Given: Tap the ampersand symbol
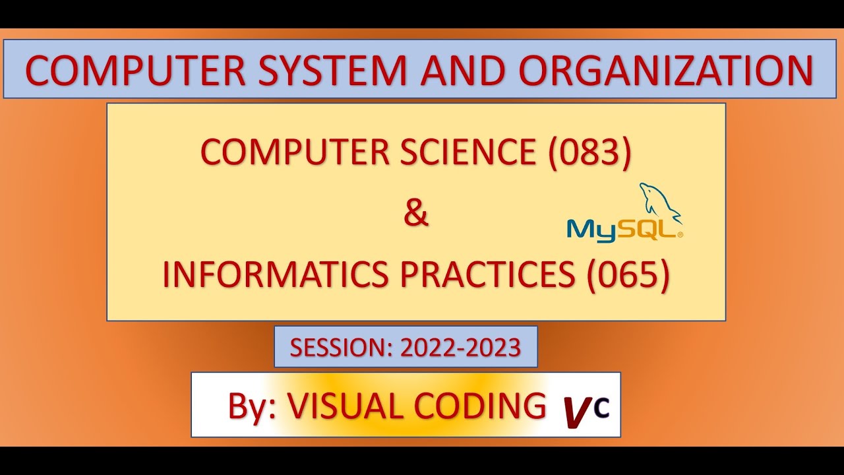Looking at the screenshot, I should (415, 214).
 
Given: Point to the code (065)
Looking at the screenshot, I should (628, 276).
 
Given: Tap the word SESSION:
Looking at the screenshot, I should (342, 348).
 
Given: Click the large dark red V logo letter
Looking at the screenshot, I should (576, 412).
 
